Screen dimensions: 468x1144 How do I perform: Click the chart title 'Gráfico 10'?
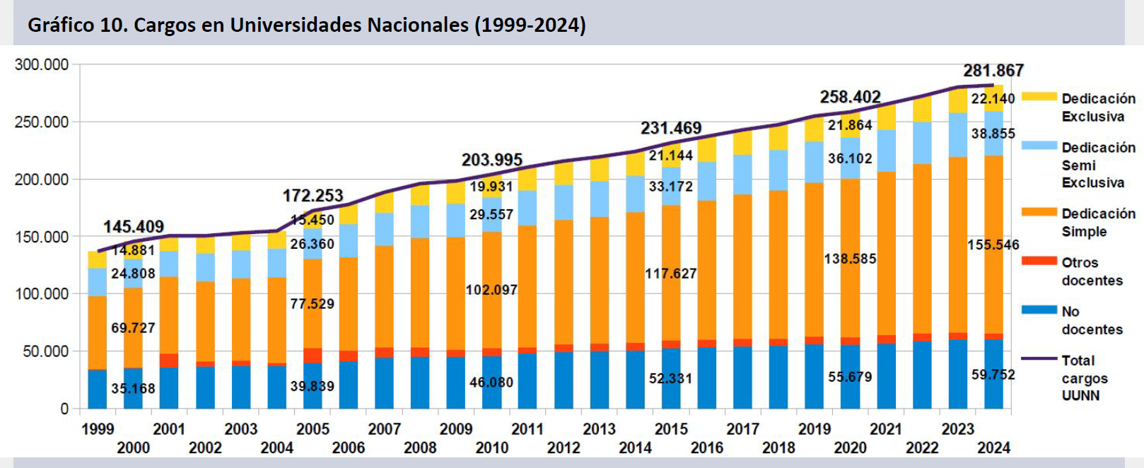click(x=306, y=25)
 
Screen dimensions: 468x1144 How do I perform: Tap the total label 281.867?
click(x=993, y=71)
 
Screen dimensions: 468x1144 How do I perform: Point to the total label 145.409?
click(x=134, y=227)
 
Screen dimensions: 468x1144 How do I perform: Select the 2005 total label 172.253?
click(x=313, y=196)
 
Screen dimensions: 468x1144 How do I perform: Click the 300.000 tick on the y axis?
click(x=42, y=65)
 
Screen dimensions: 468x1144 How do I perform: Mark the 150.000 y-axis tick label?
click(x=42, y=237)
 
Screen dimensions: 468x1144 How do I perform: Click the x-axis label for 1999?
click(x=98, y=429)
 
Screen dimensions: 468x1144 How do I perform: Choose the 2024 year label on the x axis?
click(x=993, y=447)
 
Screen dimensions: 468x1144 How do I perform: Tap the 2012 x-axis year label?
click(x=564, y=447)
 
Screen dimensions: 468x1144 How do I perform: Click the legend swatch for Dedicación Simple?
click(x=1039, y=213)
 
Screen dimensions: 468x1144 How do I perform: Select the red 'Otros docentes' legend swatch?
click(x=1039, y=262)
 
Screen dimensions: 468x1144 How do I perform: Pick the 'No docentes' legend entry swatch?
click(x=1039, y=310)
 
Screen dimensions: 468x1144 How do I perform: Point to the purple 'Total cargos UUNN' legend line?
click(x=1039, y=359)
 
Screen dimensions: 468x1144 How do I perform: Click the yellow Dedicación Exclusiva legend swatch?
click(x=1039, y=97)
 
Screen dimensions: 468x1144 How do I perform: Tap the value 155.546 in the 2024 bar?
click(x=993, y=245)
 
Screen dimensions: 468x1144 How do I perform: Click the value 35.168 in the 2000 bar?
click(x=133, y=389)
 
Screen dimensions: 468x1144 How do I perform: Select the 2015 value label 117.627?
click(x=670, y=274)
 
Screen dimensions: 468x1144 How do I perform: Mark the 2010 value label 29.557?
click(x=491, y=215)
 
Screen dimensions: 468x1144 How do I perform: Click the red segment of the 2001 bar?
click(x=169, y=361)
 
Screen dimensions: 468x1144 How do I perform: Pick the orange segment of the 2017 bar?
click(x=742, y=269)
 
